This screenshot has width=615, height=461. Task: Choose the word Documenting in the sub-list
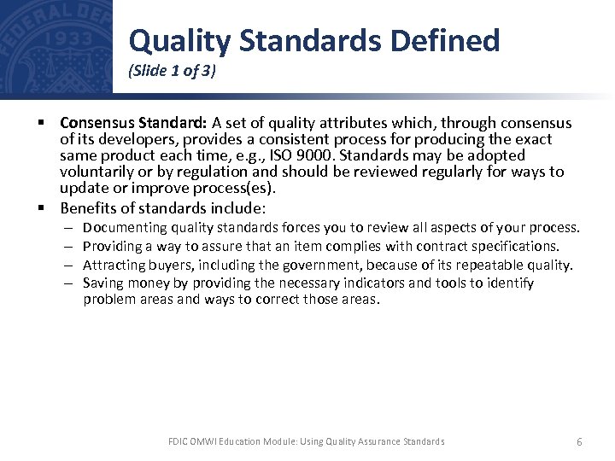click(x=125, y=228)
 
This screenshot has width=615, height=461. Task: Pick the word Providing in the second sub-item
click(x=114, y=246)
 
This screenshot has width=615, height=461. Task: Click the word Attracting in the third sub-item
click(x=116, y=265)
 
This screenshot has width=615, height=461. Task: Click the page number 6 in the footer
click(x=579, y=441)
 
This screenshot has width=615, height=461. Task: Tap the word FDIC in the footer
click(x=178, y=441)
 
